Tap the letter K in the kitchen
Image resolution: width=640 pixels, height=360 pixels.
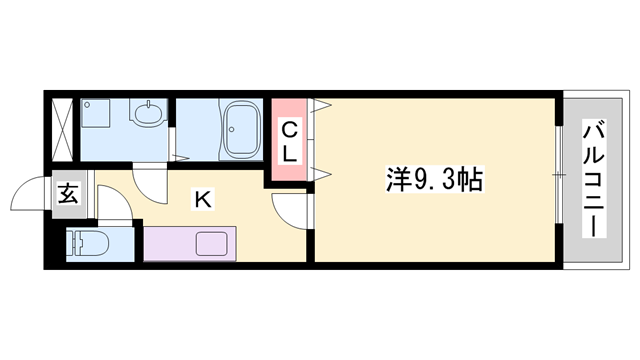(x=202, y=199)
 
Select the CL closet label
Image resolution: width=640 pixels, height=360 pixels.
(x=288, y=141)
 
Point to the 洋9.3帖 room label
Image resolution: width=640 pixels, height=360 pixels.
(x=435, y=180)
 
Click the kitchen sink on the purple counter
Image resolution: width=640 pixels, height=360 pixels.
(x=213, y=243)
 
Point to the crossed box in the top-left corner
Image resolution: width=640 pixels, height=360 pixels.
(x=61, y=127)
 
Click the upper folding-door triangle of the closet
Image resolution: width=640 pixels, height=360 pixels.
(x=322, y=105)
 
